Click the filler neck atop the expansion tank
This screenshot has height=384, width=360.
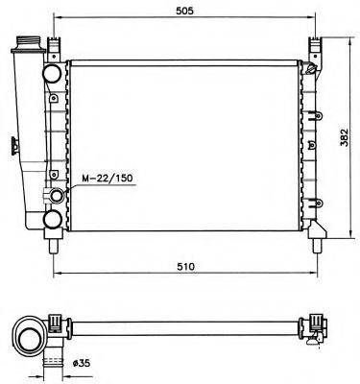tap(27, 45)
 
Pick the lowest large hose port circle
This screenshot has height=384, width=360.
tap(55, 225)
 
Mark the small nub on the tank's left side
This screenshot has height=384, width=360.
tap(13, 147)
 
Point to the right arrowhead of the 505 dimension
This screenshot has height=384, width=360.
tap(312, 19)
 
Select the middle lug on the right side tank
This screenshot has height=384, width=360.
tap(313, 145)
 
